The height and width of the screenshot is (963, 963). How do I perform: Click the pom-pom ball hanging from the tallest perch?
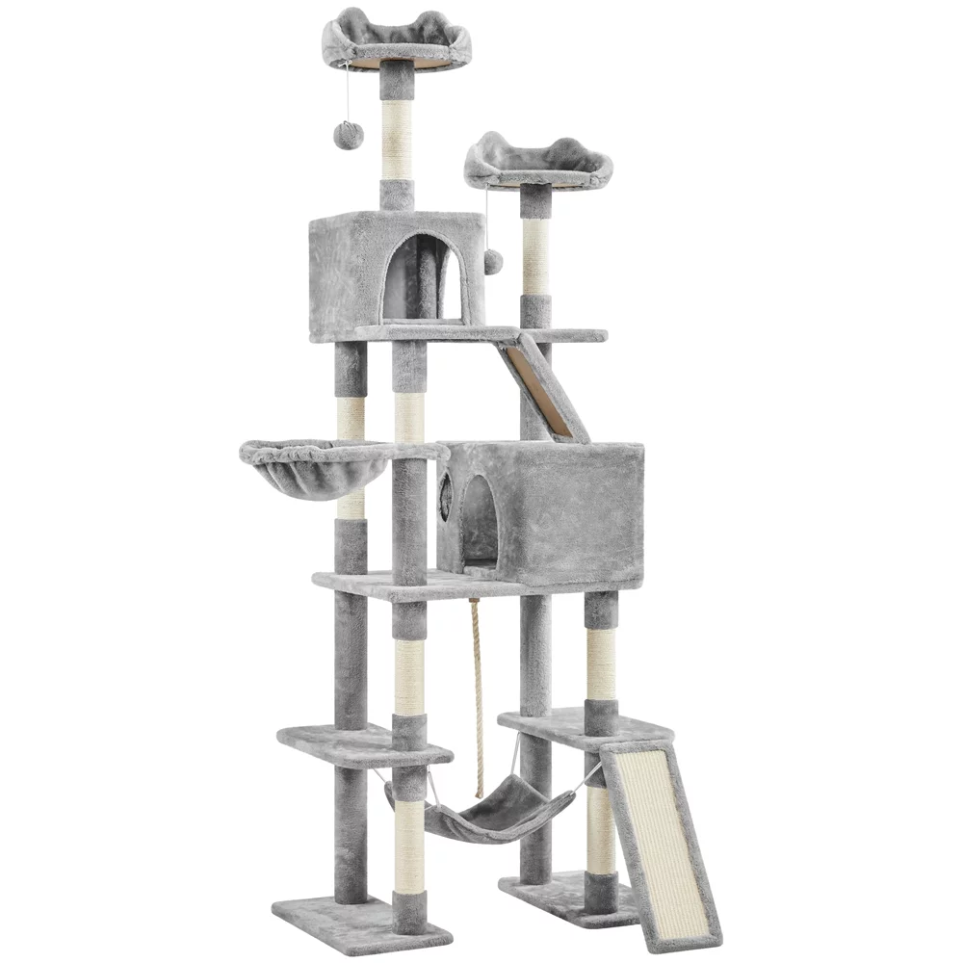click(x=349, y=135)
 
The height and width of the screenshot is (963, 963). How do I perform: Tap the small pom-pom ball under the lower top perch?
click(x=493, y=262)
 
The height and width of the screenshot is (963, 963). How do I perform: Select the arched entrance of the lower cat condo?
click(x=480, y=520)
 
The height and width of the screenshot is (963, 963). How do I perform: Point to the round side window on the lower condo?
click(x=447, y=489)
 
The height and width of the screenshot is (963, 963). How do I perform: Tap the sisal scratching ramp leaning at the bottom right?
click(x=662, y=838)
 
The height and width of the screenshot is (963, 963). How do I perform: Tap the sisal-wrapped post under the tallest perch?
click(x=397, y=140)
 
